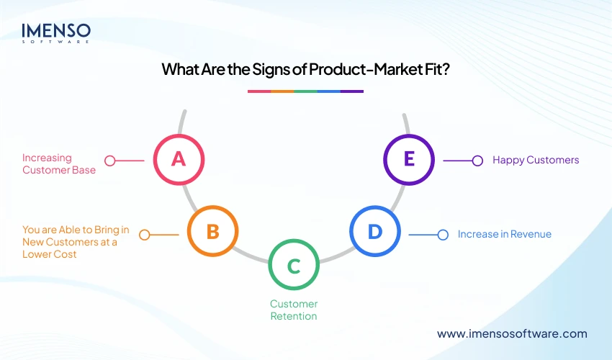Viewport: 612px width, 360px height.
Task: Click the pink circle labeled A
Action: [179, 159]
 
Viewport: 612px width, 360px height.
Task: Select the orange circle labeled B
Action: [212, 232]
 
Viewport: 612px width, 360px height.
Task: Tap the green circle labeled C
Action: [293, 266]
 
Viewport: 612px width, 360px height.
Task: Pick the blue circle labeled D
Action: [374, 232]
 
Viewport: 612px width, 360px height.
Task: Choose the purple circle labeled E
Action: [409, 159]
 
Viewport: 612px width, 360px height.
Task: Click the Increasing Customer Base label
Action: [58, 164]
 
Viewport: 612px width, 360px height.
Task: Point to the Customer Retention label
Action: [294, 310]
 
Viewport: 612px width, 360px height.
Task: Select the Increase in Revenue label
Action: [505, 234]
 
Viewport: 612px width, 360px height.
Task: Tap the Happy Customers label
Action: [536, 160]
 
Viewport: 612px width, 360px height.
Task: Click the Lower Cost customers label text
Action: [76, 242]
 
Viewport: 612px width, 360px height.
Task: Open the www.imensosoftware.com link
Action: [512, 333]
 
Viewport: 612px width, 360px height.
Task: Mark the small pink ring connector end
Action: [110, 161]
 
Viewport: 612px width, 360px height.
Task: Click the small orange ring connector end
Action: [145, 235]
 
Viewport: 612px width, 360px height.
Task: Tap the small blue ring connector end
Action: [444, 235]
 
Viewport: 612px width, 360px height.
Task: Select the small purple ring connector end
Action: [477, 161]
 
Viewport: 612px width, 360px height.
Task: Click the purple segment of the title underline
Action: [352, 91]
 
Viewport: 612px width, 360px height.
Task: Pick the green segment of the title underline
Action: [306, 91]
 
